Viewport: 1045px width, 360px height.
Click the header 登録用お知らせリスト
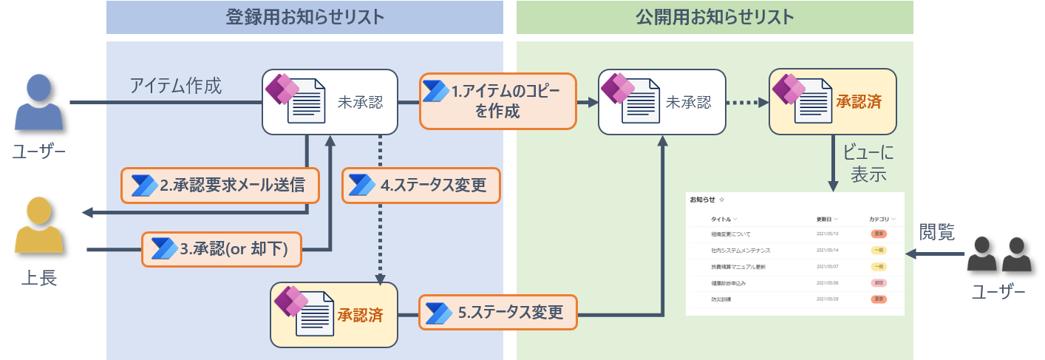[x=304, y=17]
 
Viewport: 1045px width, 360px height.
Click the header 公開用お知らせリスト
[x=715, y=17]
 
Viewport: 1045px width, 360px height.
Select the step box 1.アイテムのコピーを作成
[x=498, y=101]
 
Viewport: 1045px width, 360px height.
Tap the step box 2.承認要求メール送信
[x=220, y=186]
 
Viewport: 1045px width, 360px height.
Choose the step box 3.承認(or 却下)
[x=222, y=249]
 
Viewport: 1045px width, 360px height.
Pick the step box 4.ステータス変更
[x=421, y=186]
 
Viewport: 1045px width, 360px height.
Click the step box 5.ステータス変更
[x=498, y=312]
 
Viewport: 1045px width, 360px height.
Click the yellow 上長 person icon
[x=39, y=226]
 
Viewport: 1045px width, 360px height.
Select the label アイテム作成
[x=175, y=86]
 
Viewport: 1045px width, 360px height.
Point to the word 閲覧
[x=936, y=232]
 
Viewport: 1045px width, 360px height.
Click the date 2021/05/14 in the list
[x=828, y=250]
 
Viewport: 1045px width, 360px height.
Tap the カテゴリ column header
[x=879, y=220]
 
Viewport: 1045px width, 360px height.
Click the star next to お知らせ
[x=722, y=200]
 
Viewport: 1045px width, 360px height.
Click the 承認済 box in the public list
[x=833, y=102]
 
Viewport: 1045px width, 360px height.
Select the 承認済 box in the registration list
[x=334, y=314]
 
